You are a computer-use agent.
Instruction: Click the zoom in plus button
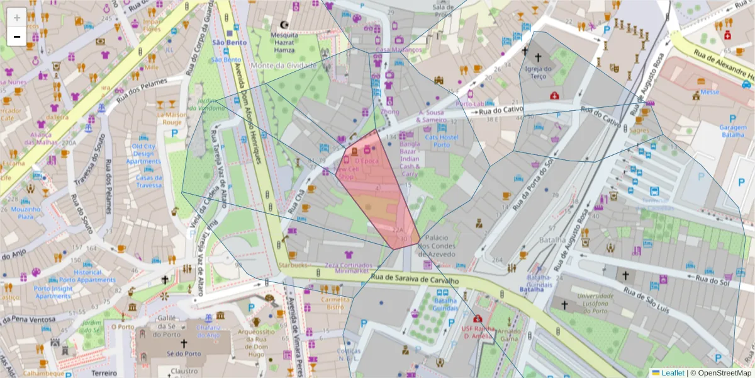(x=17, y=17)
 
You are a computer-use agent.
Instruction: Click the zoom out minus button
(x=17, y=37)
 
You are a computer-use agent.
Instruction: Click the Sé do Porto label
(x=184, y=354)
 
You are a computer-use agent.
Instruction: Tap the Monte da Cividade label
(x=283, y=66)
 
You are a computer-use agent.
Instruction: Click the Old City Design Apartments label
(x=143, y=154)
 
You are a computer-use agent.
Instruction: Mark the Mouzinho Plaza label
(x=26, y=213)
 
